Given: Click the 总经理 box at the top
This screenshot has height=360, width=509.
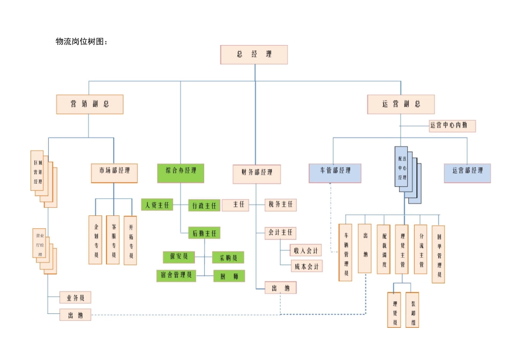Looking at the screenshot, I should pyautogui.click(x=254, y=55).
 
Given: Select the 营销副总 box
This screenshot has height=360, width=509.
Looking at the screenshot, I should pyautogui.click(x=89, y=104).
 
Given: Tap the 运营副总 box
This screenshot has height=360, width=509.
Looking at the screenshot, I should pyautogui.click(x=401, y=104).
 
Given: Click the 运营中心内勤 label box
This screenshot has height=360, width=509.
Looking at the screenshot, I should pyautogui.click(x=452, y=126).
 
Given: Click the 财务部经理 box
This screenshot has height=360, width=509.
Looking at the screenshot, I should pyautogui.click(x=257, y=173).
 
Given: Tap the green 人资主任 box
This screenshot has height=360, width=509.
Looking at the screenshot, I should pyautogui.click(x=157, y=205).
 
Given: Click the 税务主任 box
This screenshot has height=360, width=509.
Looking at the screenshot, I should pyautogui.click(x=280, y=205).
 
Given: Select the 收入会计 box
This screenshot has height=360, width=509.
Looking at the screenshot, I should pyautogui.click(x=306, y=250).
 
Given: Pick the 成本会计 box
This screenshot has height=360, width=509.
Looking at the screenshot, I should pyautogui.click(x=306, y=266).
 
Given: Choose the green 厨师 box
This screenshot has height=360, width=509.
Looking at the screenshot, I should pyautogui.click(x=229, y=276).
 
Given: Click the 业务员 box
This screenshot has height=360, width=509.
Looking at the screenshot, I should pyautogui.click(x=75, y=297).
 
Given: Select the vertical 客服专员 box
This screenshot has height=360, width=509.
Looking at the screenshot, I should pyautogui.click(x=113, y=240).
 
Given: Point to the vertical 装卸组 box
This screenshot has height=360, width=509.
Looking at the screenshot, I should pyautogui.click(x=412, y=310).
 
